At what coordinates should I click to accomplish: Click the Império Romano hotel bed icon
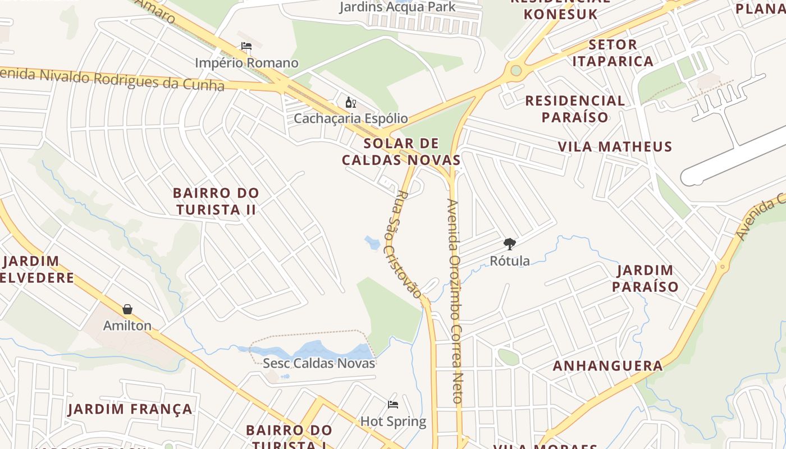[x=246, y=46]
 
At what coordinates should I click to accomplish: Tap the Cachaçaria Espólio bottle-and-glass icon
[x=351, y=102]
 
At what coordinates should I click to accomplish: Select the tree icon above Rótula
[x=509, y=244]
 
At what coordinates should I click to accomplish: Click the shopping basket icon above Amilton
[x=127, y=309]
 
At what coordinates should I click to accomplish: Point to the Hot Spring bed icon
[x=393, y=405]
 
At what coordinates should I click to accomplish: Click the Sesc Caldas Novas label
[x=319, y=363]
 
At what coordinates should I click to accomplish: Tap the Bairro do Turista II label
[x=216, y=201]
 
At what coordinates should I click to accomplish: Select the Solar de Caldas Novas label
[x=401, y=152]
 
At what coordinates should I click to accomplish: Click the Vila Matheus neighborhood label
[x=615, y=147]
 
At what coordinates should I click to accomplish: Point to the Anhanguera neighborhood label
[x=608, y=366]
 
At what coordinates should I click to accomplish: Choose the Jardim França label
[x=130, y=409]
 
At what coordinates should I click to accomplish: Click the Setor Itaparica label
[x=613, y=53]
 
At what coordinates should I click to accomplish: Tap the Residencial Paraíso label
[x=575, y=109]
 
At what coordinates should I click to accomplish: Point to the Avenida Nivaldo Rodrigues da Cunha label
[x=112, y=79]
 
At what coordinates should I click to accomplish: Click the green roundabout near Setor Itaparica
[x=515, y=71]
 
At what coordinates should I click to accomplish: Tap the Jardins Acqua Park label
[x=397, y=7]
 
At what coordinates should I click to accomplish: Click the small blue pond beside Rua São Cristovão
[x=372, y=243]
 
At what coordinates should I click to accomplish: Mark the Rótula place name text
[x=510, y=260]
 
